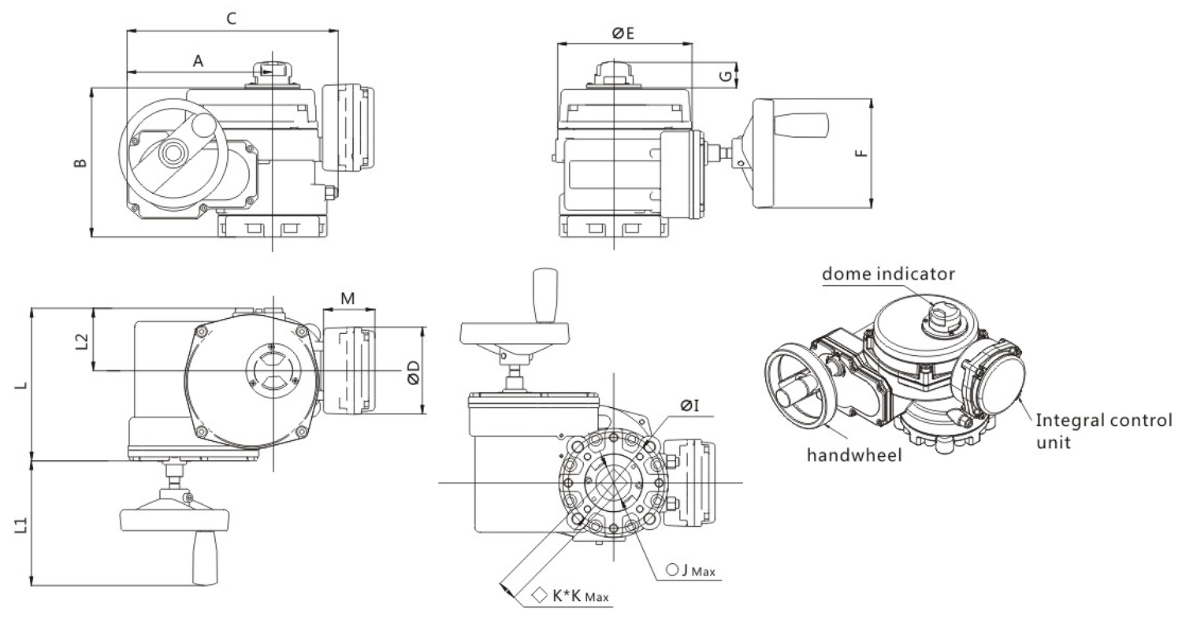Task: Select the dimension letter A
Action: pyautogui.click(x=198, y=61)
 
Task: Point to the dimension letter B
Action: pyautogui.click(x=80, y=162)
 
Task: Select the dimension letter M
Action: pyautogui.click(x=348, y=298)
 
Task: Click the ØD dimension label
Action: pyautogui.click(x=435, y=372)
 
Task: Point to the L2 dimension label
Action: pyautogui.click(x=80, y=340)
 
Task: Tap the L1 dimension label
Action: pyautogui.click(x=21, y=524)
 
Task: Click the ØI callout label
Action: pyautogui.click(x=690, y=406)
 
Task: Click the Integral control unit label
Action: pyautogui.click(x=1103, y=430)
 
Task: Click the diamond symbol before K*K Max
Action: pyautogui.click(x=540, y=595)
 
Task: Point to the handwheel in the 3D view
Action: pyautogui.click(x=796, y=381)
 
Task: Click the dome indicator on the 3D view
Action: pyautogui.click(x=940, y=316)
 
